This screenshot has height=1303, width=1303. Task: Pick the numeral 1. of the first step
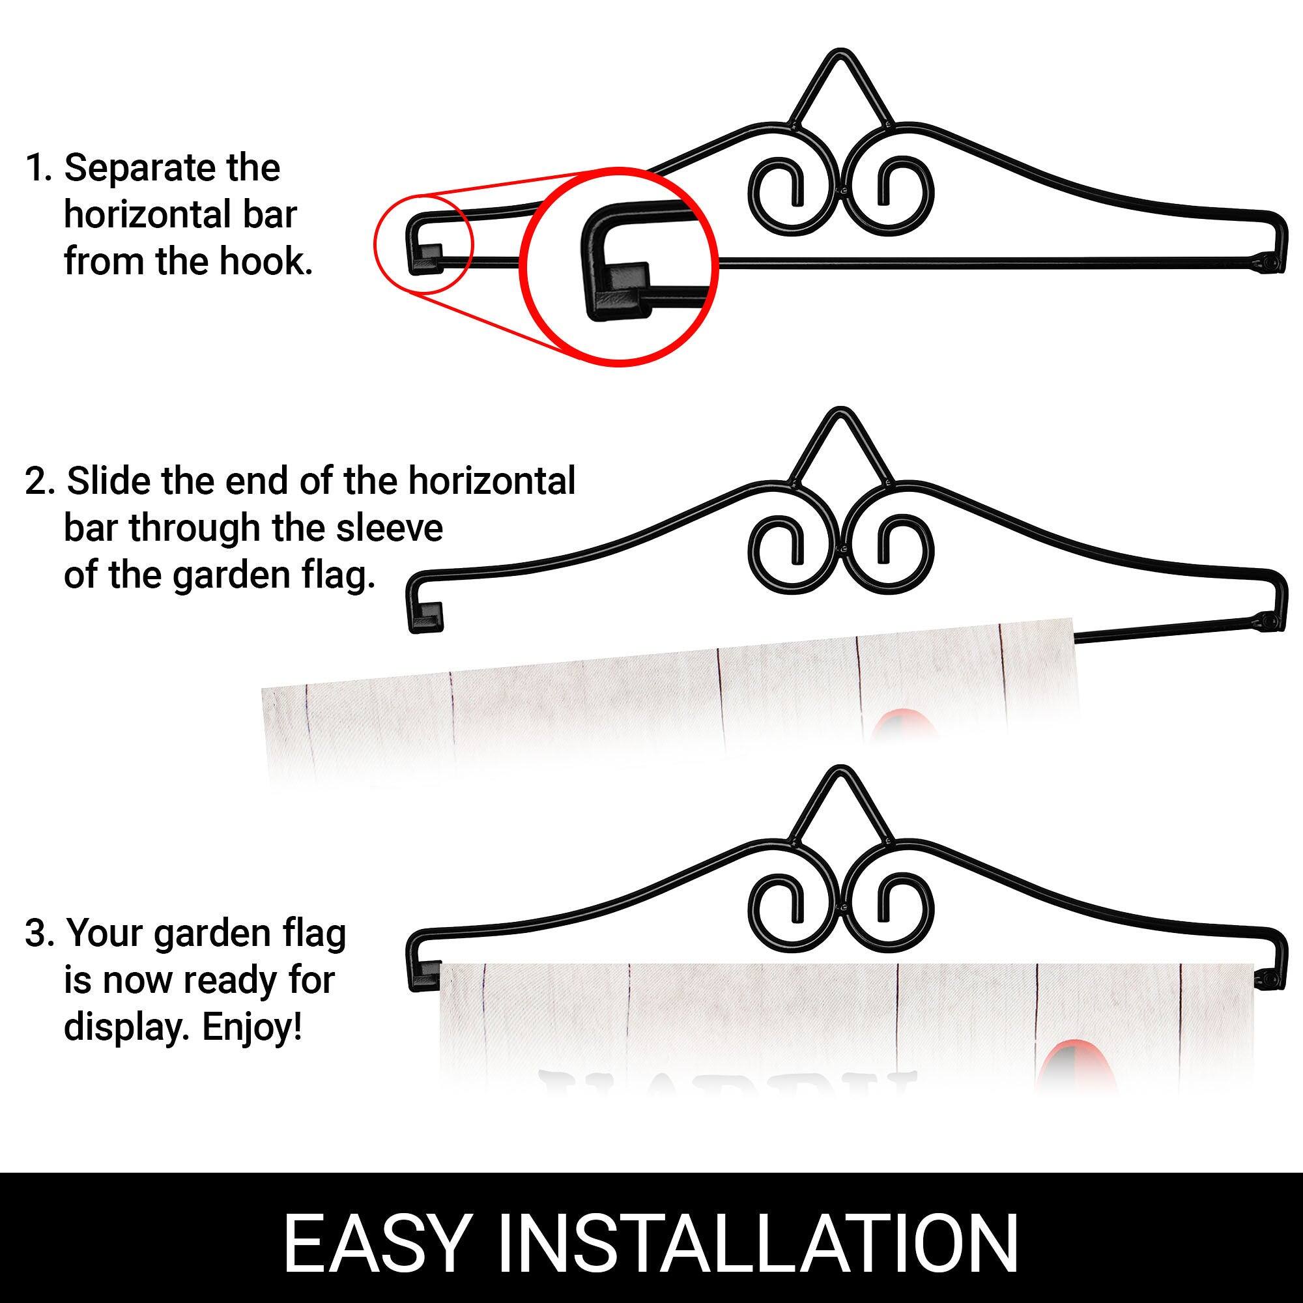pyautogui.click(x=38, y=169)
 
